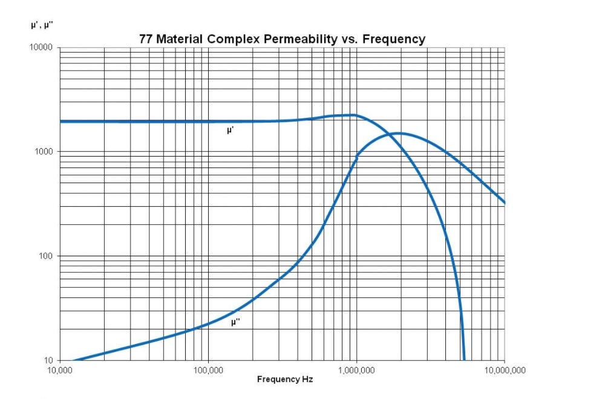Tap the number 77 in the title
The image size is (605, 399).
[x=147, y=39]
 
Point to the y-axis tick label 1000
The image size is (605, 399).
[x=44, y=152]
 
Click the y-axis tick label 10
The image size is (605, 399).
[x=48, y=360]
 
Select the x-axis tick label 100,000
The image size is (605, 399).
[x=208, y=369]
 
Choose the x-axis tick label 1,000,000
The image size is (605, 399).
[x=356, y=369]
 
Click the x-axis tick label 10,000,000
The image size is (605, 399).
[x=505, y=369]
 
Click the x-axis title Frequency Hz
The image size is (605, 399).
[x=285, y=380]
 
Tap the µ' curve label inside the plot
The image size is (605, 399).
[x=230, y=130]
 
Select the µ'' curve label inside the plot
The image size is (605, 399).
[x=236, y=323]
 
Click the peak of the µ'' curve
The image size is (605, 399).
[x=400, y=133]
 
